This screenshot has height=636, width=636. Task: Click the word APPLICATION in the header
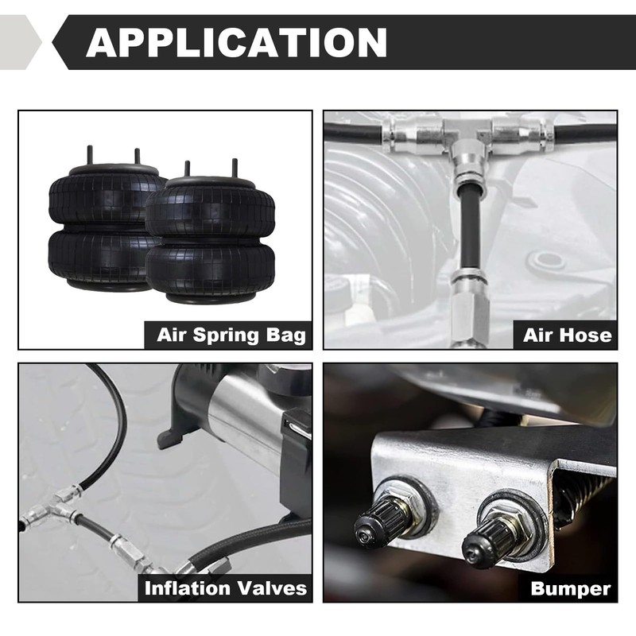(236, 42)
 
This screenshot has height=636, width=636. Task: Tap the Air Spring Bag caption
(231, 335)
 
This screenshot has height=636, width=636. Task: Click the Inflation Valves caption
(225, 588)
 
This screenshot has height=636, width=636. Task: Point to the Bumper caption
(571, 588)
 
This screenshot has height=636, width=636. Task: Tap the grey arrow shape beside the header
(19, 42)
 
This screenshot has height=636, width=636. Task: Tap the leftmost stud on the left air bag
(88, 154)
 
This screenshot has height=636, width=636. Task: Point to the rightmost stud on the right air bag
(235, 169)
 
